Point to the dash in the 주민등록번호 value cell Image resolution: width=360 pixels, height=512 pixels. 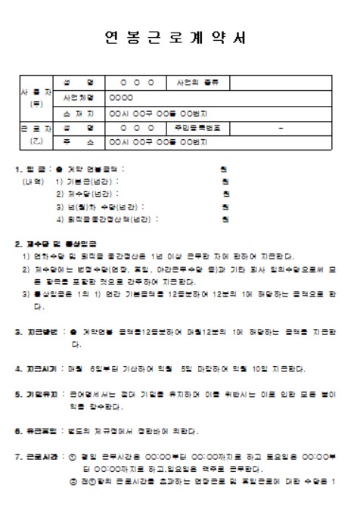281,127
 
